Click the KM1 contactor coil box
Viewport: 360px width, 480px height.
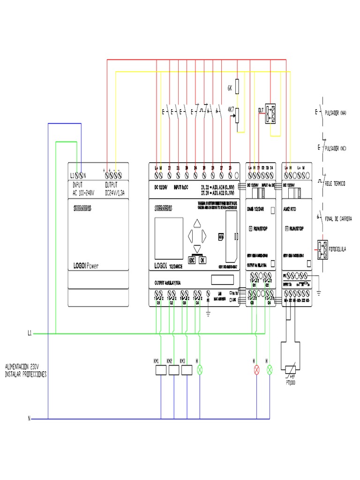(161, 370)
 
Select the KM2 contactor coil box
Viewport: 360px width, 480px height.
(174, 370)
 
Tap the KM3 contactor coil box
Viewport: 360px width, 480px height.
(187, 370)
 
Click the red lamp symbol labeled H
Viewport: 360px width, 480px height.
(256, 370)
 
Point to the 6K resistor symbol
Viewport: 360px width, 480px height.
(237, 86)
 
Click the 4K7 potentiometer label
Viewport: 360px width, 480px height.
(230, 109)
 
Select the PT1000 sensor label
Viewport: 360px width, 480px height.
(292, 382)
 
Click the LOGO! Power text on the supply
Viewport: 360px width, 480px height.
(85, 265)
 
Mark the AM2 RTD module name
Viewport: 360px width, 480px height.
(295, 209)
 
